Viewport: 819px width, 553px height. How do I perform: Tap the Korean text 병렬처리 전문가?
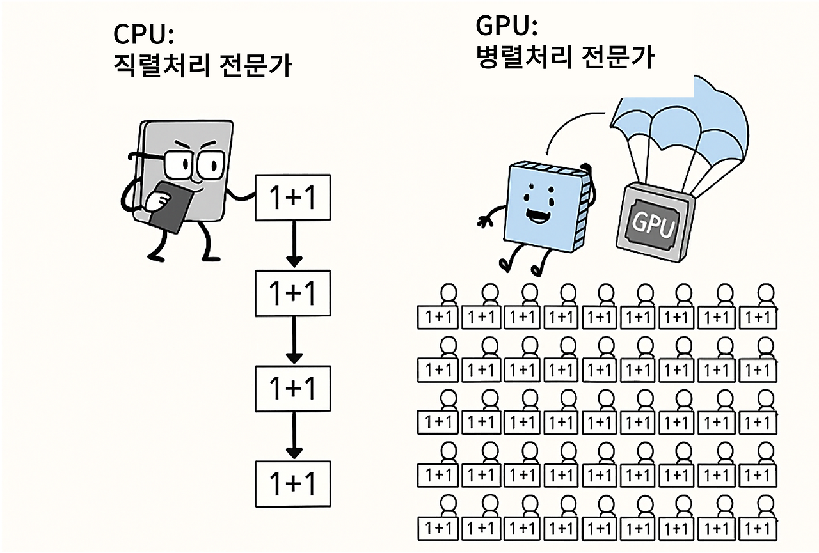pyautogui.click(x=565, y=58)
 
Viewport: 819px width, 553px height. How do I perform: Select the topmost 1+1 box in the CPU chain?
pyautogui.click(x=293, y=198)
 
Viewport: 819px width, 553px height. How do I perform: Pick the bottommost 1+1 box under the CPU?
pyautogui.click(x=293, y=483)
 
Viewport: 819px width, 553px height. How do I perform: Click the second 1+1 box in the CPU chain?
pyautogui.click(x=293, y=293)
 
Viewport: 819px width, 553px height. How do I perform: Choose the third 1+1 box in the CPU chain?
pyautogui.click(x=293, y=389)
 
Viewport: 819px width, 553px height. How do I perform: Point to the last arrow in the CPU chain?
pyautogui.click(x=294, y=436)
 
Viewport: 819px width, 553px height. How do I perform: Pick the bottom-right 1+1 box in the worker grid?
pyautogui.click(x=758, y=529)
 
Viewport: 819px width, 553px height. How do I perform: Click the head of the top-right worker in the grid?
pyautogui.click(x=764, y=294)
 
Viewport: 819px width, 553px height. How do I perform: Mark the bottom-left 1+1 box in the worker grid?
pyautogui.click(x=438, y=529)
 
